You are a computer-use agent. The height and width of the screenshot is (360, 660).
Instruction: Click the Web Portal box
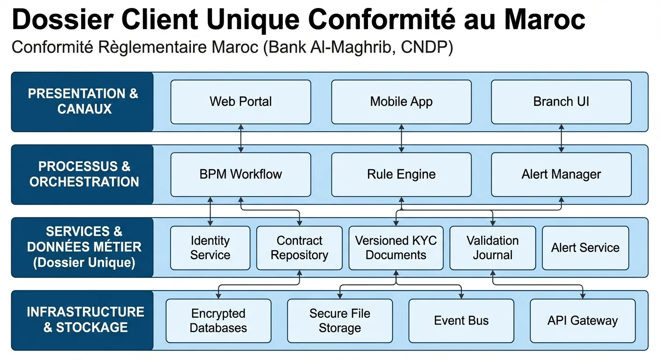click(x=240, y=102)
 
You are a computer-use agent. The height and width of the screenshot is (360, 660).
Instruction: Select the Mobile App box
click(x=401, y=102)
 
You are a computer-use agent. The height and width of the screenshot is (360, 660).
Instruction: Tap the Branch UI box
click(x=561, y=102)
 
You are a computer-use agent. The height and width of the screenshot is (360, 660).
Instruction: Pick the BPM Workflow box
click(x=240, y=174)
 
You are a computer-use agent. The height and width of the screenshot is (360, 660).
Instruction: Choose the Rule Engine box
click(x=401, y=174)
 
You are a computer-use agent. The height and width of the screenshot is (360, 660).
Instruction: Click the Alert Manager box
click(x=561, y=174)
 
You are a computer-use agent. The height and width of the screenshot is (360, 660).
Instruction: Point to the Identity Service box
click(x=210, y=248)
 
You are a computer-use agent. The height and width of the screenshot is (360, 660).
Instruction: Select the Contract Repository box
click(x=299, y=248)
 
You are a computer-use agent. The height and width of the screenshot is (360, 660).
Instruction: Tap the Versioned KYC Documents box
click(x=396, y=248)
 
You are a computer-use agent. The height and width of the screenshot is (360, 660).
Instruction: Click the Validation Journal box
click(x=492, y=248)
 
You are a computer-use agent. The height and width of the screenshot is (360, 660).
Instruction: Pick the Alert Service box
click(x=585, y=248)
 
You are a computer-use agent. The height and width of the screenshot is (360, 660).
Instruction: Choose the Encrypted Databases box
click(x=218, y=321)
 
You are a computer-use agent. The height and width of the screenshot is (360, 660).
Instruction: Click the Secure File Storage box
click(x=340, y=321)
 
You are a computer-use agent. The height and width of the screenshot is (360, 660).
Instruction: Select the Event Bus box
click(x=461, y=321)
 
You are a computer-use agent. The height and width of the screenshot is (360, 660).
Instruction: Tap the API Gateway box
click(x=583, y=321)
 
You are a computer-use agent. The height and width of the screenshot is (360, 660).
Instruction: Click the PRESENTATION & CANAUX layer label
click(x=82, y=102)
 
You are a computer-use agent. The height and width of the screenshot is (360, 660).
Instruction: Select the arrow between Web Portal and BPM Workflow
click(x=240, y=138)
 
